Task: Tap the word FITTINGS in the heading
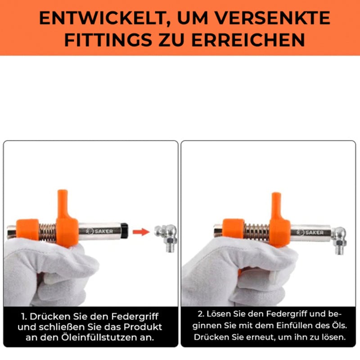pos(108,40)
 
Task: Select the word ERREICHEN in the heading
pos(248,40)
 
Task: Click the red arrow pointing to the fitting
pos(141,232)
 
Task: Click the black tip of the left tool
pos(124,231)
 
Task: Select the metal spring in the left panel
pos(48,232)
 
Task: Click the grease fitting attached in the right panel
pos(339,240)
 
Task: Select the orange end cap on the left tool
pos(27,229)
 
